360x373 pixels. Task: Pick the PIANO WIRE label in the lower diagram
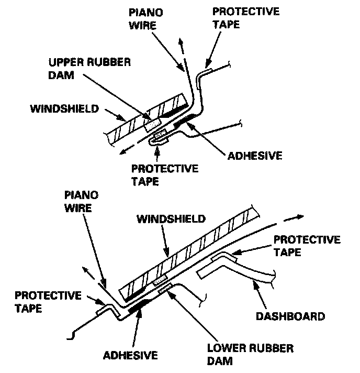(x=78, y=201)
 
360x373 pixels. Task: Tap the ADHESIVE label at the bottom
(x=131, y=355)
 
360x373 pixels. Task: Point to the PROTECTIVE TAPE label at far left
(x=48, y=302)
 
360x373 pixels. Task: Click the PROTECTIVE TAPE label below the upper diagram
(x=165, y=174)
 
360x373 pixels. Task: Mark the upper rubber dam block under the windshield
(x=152, y=124)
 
